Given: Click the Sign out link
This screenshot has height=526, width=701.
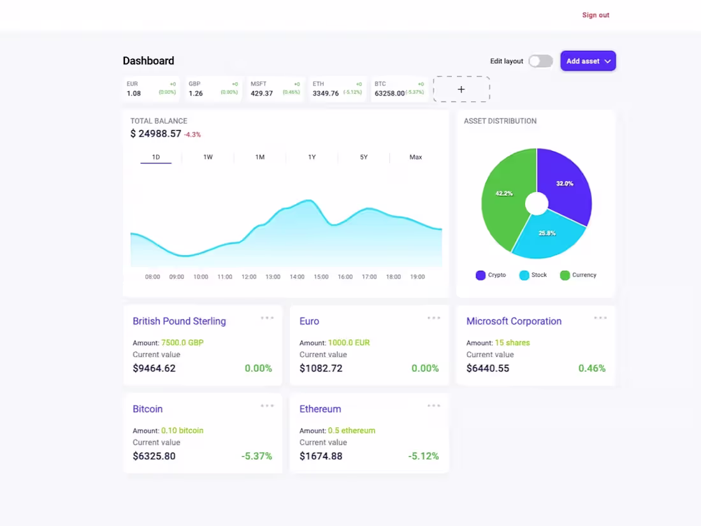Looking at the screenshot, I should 595,15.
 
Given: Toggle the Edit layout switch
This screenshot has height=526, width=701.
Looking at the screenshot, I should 540,61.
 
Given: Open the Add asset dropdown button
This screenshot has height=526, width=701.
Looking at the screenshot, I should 588,61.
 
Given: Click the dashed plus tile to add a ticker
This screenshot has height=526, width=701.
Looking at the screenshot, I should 461,89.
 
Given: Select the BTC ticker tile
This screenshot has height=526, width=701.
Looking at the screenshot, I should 399,89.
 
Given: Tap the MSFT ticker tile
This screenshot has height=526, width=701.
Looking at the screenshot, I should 275,89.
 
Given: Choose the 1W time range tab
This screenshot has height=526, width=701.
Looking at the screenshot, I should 208,157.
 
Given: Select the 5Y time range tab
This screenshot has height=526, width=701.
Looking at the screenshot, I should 363,157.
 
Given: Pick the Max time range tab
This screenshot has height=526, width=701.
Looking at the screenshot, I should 416,157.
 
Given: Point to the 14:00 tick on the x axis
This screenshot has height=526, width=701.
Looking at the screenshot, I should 297,277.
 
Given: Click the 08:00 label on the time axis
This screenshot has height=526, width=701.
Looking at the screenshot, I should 152,277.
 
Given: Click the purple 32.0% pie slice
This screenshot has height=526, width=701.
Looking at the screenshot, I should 564,185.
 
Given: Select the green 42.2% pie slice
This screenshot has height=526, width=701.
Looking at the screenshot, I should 503,198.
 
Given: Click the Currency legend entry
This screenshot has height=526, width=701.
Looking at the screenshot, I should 578,275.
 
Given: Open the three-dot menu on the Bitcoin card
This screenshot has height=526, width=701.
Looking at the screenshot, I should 267,405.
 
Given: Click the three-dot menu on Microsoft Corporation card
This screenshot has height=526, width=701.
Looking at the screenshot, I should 600,318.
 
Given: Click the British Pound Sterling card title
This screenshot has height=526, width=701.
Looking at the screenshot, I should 179,321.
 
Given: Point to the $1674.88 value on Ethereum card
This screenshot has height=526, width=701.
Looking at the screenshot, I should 321,456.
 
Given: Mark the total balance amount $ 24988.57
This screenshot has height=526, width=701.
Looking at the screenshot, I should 156,134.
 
